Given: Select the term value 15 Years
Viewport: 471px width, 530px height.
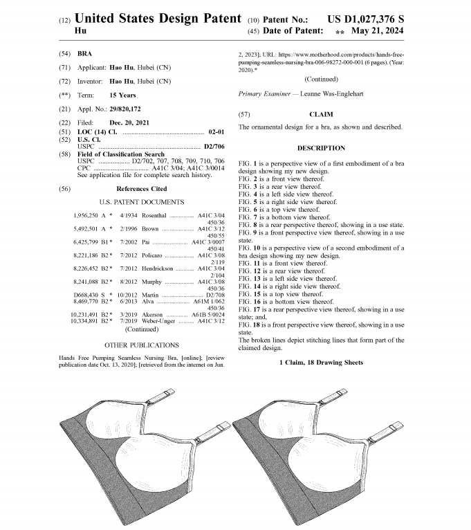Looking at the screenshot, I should tap(122, 95).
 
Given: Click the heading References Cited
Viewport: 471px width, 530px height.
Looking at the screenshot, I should tap(141, 188).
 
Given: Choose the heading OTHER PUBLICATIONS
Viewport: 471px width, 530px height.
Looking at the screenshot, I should tap(141, 345).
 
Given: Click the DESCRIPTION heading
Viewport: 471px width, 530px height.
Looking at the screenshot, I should tap(322, 148).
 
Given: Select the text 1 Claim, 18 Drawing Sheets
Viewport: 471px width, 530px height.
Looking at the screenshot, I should tap(322, 363).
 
